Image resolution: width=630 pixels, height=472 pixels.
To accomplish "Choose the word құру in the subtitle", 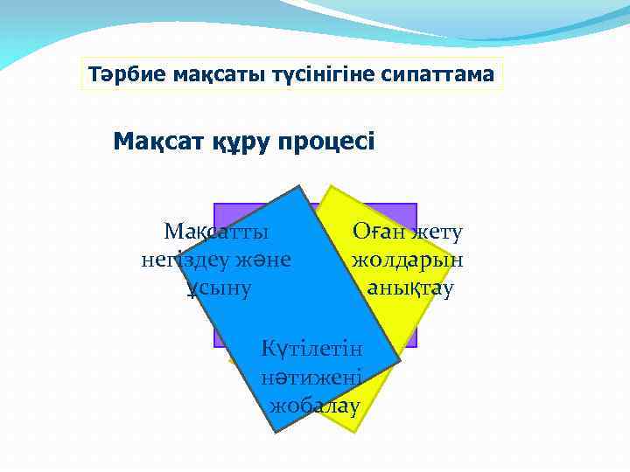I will point(241,142).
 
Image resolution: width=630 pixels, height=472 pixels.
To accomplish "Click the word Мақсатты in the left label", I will point(216,232).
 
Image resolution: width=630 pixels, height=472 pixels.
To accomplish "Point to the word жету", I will point(438,232).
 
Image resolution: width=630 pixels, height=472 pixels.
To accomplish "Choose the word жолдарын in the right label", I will point(407,260).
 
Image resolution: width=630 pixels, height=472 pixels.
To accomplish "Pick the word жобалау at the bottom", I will point(315,406).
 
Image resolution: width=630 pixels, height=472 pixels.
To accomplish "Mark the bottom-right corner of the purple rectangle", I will point(416,347).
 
